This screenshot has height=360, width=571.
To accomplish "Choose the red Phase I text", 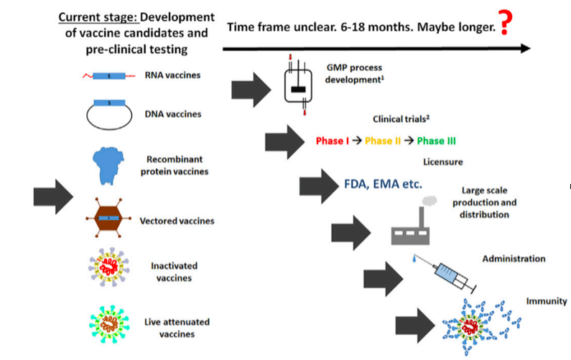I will [333, 141].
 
